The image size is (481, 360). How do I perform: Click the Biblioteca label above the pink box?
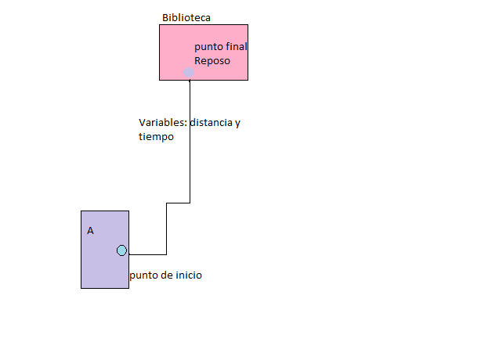186,17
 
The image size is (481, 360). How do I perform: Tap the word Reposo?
212,60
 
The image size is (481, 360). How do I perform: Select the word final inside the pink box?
236,47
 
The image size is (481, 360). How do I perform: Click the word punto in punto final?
208,48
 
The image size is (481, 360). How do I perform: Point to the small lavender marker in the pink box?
189,72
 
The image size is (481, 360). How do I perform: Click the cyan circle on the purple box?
121,250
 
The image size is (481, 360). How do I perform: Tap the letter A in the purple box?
90,231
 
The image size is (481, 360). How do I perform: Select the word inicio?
187,275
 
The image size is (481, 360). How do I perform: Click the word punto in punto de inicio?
143,275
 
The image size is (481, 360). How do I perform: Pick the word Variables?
162,123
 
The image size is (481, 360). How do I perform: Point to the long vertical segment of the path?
190,141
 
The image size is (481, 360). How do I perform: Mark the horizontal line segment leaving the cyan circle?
146,254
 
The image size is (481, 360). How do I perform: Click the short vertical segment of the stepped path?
166,229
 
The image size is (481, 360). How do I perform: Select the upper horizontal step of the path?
178,203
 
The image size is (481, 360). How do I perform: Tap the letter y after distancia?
237,124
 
